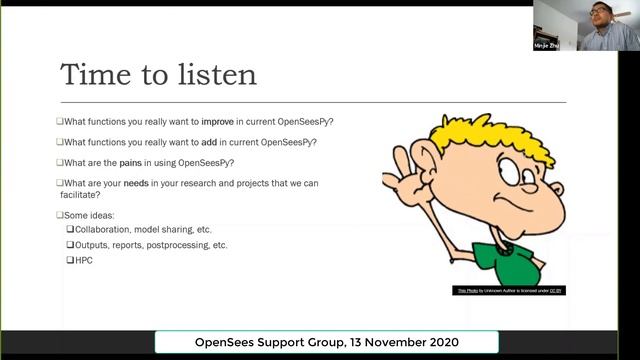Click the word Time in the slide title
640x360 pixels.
[96, 75]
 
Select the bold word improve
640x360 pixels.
[217, 122]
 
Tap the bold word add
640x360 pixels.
[209, 142]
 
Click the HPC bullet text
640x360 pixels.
[85, 260]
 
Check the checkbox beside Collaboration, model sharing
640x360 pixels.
[70, 230]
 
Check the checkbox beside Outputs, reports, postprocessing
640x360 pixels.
[70, 245]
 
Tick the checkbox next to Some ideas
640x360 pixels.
[60, 215]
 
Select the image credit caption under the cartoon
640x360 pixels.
[510, 291]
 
